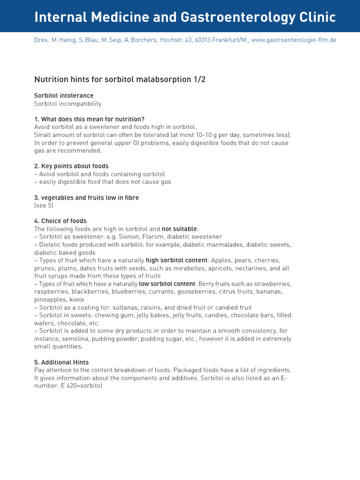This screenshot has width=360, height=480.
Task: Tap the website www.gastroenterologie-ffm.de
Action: (x=293, y=40)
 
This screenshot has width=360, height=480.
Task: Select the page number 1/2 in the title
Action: (x=199, y=79)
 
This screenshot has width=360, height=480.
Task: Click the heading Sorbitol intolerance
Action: (x=64, y=96)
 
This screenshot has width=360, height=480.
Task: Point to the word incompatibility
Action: (x=79, y=104)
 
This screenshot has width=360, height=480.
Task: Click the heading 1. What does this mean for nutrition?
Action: (x=89, y=119)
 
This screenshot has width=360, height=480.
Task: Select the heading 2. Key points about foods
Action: (x=71, y=166)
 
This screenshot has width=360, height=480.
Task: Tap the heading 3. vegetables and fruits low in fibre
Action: (x=87, y=198)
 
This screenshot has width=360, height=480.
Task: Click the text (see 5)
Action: (x=44, y=205)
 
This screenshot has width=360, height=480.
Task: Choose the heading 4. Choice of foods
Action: (x=60, y=221)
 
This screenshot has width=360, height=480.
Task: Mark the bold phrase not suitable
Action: (x=180, y=229)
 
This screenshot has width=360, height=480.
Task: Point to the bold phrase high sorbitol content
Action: (x=177, y=260)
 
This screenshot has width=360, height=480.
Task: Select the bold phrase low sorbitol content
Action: (x=167, y=284)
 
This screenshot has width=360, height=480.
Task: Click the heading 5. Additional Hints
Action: (x=61, y=362)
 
